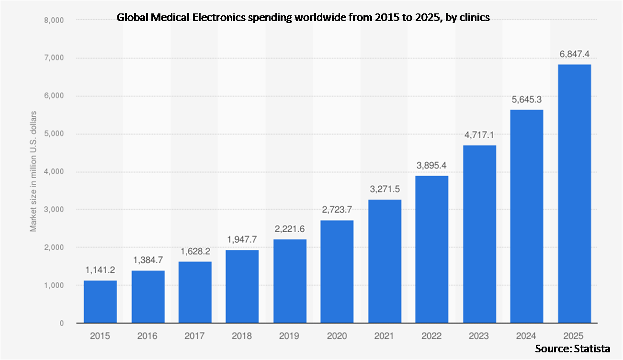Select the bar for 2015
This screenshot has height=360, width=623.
(x=100, y=302)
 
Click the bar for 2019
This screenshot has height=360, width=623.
(x=290, y=281)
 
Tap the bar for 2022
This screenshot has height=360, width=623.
(x=432, y=249)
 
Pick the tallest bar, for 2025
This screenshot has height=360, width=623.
(x=574, y=193)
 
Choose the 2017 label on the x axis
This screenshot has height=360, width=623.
(x=195, y=336)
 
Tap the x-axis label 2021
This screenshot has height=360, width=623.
(x=385, y=336)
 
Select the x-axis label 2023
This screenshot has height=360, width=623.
(x=479, y=336)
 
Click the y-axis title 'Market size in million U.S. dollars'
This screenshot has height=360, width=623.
(x=34, y=171)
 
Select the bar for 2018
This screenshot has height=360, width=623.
(x=242, y=286)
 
